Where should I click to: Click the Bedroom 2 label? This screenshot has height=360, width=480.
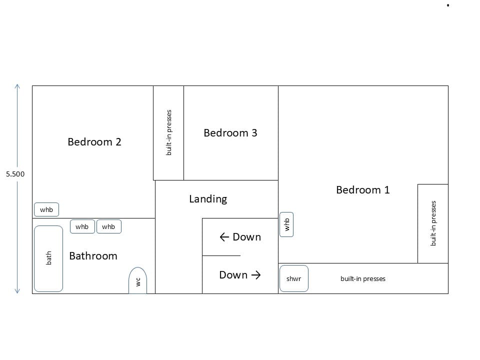point(94,142)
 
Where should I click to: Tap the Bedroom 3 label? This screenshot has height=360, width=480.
point(230,133)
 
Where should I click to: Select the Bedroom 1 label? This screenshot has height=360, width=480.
point(363,190)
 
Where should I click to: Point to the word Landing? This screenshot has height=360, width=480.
point(208,199)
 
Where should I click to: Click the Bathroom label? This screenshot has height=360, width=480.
point(93,256)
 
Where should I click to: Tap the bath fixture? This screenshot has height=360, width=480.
point(48,258)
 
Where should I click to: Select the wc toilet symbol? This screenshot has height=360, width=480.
point(138,280)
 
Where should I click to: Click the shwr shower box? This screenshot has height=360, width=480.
point(294,278)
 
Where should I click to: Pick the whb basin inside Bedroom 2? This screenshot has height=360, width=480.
point(46,209)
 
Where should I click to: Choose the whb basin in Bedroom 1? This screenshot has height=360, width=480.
point(286,224)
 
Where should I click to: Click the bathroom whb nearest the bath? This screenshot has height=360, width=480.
point(82,226)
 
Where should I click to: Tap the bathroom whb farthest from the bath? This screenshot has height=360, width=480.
point(108,226)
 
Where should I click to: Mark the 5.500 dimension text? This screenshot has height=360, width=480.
point(15,174)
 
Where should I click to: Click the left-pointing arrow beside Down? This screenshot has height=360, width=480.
point(224,237)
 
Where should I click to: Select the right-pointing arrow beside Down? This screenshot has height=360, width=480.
point(256,275)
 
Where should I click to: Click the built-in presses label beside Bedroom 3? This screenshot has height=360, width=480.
point(168,132)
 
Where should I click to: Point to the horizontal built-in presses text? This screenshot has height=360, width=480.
point(363,278)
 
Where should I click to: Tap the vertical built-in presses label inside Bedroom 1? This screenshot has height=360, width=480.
point(433,223)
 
